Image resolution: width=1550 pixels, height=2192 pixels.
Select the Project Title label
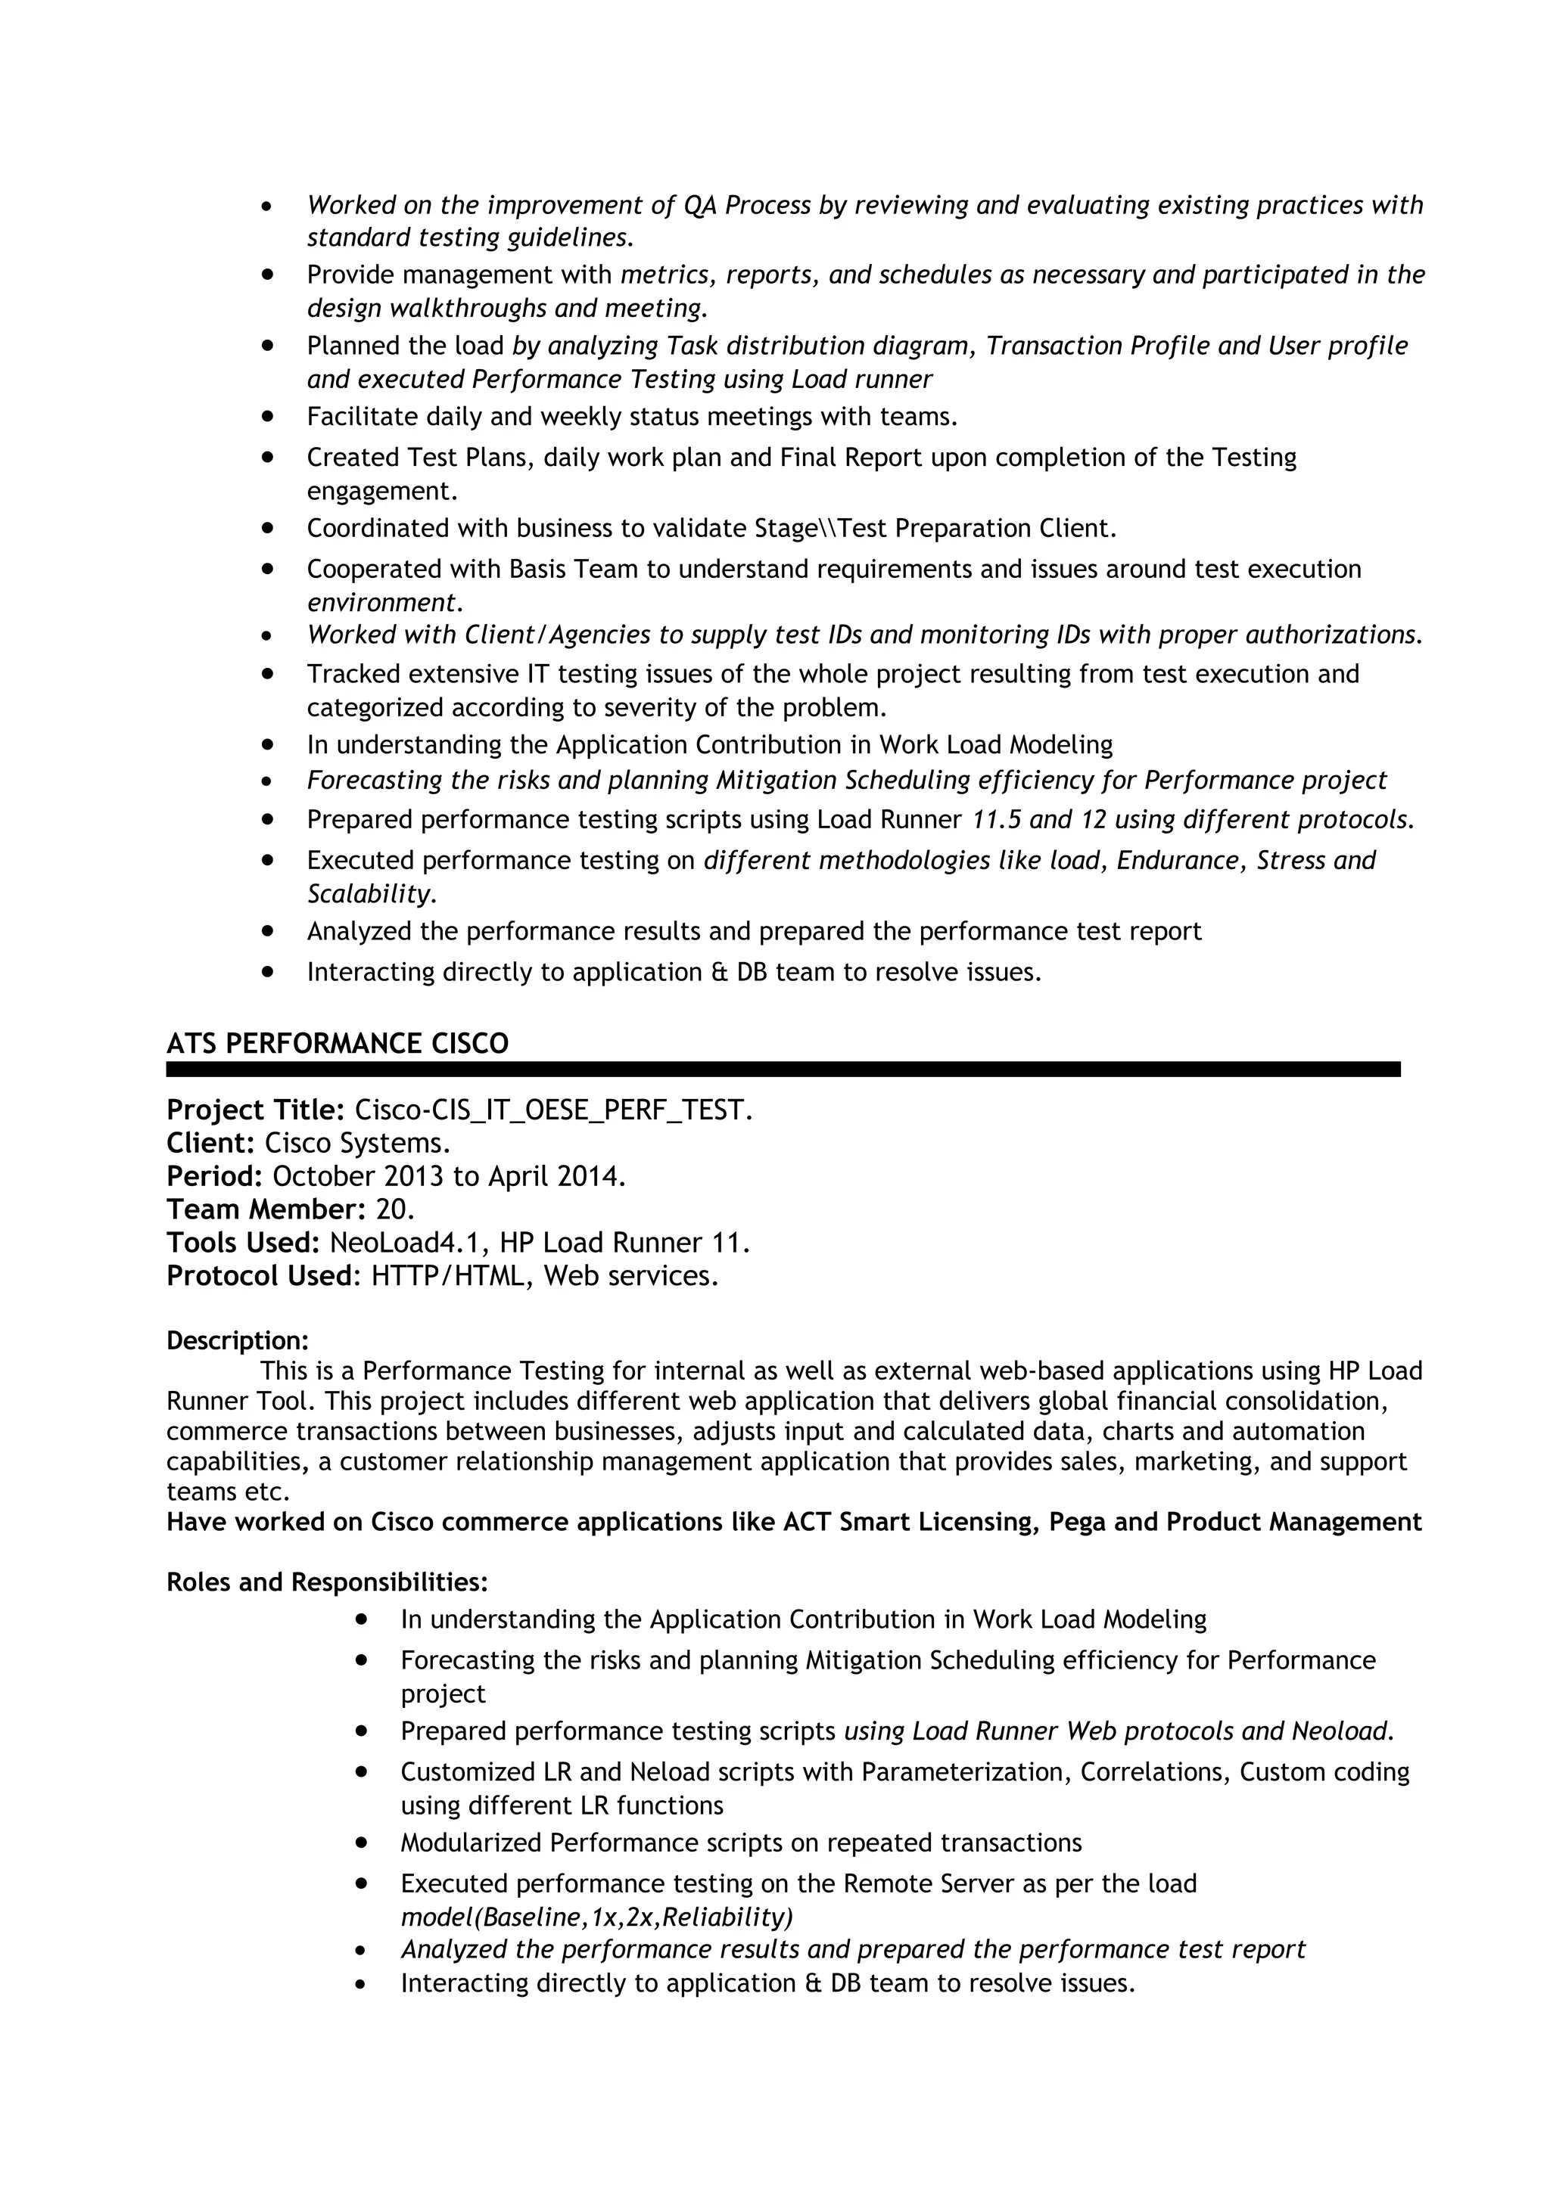pos(254,1110)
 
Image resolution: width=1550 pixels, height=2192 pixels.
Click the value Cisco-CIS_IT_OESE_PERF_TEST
pos(553,1110)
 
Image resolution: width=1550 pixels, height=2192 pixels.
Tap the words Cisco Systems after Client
pos(356,1143)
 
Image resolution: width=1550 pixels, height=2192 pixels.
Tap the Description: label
pos(237,1340)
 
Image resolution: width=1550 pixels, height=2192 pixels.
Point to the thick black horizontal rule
pos(783,1070)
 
